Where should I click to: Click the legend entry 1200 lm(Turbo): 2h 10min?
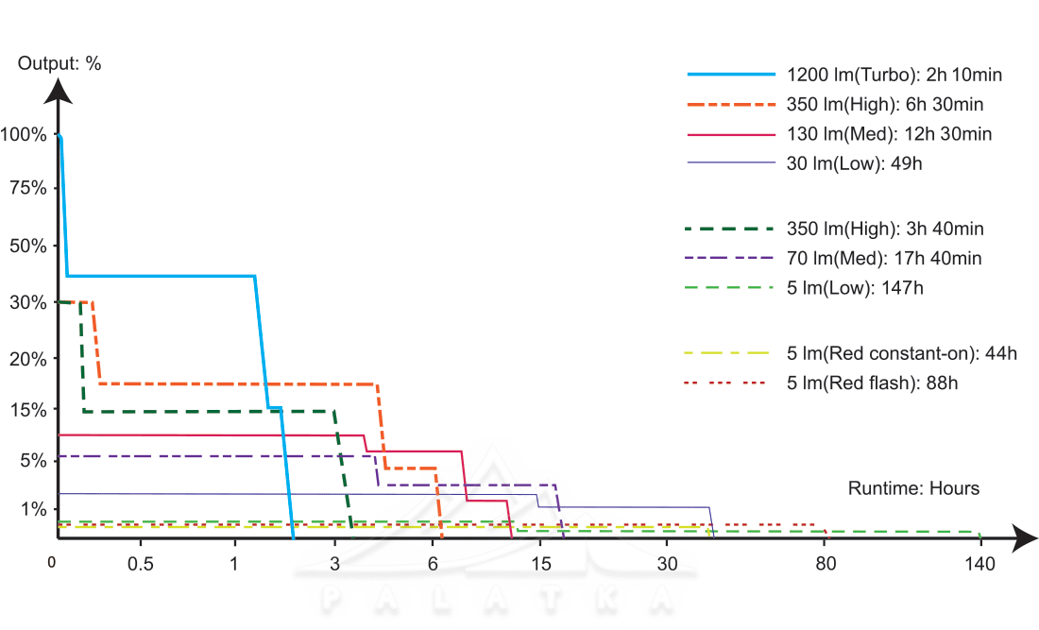tap(894, 75)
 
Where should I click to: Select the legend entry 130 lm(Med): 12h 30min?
tap(889, 134)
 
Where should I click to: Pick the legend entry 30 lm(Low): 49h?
tap(854, 163)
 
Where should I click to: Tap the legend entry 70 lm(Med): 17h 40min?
tap(883, 258)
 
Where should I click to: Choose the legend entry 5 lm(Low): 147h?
tap(855, 287)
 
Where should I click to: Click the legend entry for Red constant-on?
tap(901, 354)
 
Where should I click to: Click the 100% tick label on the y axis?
tap(24, 135)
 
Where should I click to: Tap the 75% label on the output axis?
tap(27, 187)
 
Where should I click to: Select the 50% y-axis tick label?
tap(27, 246)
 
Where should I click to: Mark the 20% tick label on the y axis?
tap(27, 359)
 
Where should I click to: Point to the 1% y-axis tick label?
tap(31, 510)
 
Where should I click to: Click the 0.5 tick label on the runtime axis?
tap(141, 564)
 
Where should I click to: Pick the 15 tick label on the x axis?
tap(540, 564)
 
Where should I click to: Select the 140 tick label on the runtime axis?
tap(980, 564)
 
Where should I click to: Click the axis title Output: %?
tap(60, 64)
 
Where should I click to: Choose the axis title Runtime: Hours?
tap(913, 488)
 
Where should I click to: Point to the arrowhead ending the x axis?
tap(1025, 539)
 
